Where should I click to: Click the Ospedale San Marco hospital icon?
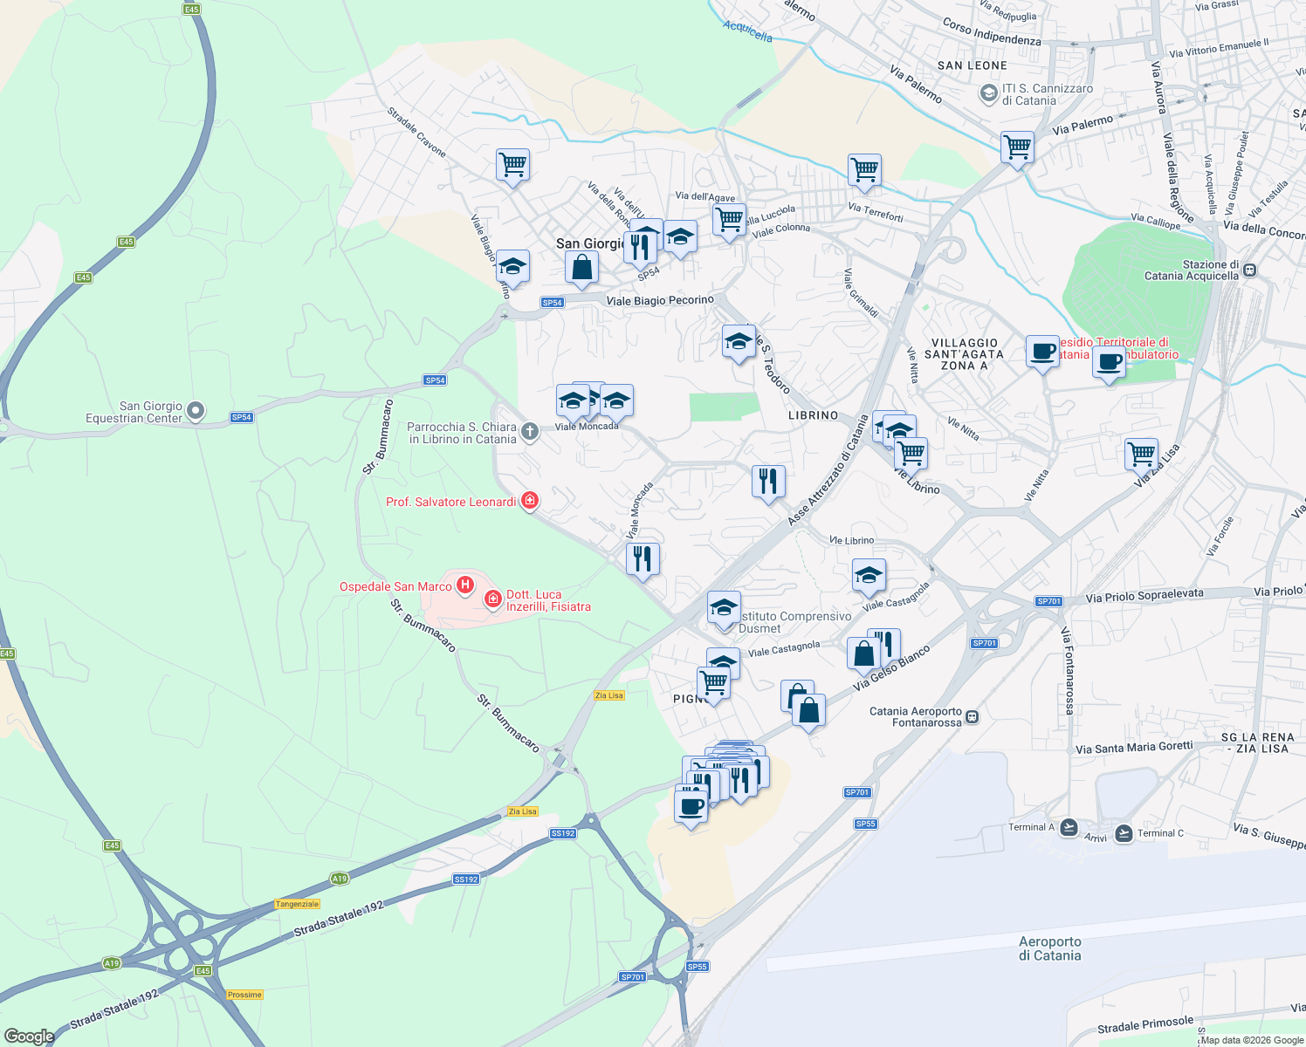click(x=465, y=585)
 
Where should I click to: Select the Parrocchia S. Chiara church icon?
click(x=529, y=432)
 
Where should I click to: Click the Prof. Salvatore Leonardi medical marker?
click(x=529, y=501)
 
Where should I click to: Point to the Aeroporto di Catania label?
click(x=1049, y=948)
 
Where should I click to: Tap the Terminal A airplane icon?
click(x=1069, y=827)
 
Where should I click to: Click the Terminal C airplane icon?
click(x=1124, y=833)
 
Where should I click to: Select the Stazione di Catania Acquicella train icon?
click(x=1250, y=270)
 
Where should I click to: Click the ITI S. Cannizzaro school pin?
click(x=988, y=93)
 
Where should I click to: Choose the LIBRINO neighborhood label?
click(x=813, y=415)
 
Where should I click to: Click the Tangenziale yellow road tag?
click(x=298, y=904)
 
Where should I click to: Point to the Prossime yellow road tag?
click(x=244, y=995)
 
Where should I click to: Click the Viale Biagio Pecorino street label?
click(x=660, y=300)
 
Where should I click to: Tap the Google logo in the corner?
click(x=29, y=1036)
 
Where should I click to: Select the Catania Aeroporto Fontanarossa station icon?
click(x=973, y=717)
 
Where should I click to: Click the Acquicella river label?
click(x=747, y=32)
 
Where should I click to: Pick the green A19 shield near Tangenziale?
click(x=340, y=879)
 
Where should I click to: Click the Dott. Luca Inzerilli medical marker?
click(x=493, y=599)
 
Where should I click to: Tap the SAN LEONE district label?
click(x=972, y=65)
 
